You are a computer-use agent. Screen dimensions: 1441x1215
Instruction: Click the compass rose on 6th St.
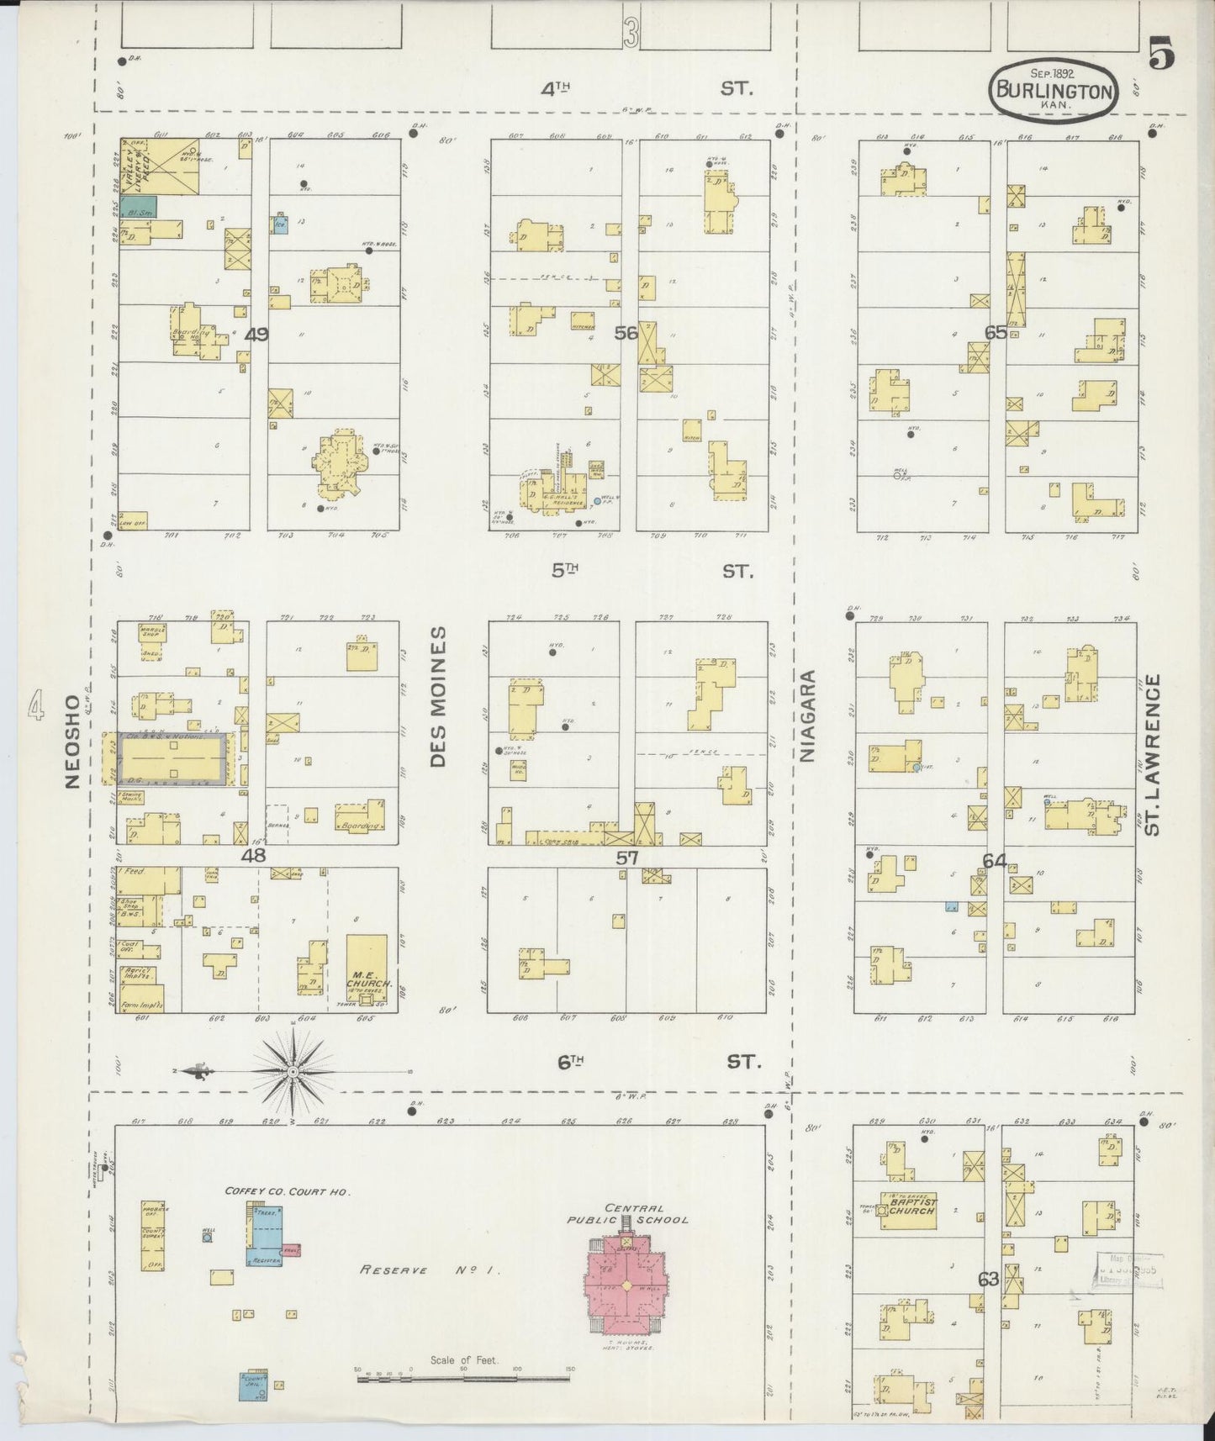pyautogui.click(x=292, y=1072)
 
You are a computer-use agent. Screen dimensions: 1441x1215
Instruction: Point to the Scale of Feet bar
pyautogui.click(x=463, y=1376)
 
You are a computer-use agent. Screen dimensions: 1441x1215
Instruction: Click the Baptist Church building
pyautogui.click(x=908, y=1211)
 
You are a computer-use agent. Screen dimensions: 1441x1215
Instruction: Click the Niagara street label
pyautogui.click(x=808, y=716)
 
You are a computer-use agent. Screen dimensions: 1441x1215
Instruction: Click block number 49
pyautogui.click(x=256, y=335)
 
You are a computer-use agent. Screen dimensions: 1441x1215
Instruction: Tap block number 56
pyautogui.click(x=626, y=333)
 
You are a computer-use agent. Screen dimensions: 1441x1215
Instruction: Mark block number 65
pyautogui.click(x=996, y=333)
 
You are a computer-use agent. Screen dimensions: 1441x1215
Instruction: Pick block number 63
pyautogui.click(x=988, y=1280)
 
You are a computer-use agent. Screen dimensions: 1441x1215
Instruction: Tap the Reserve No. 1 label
pyautogui.click(x=430, y=1270)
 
